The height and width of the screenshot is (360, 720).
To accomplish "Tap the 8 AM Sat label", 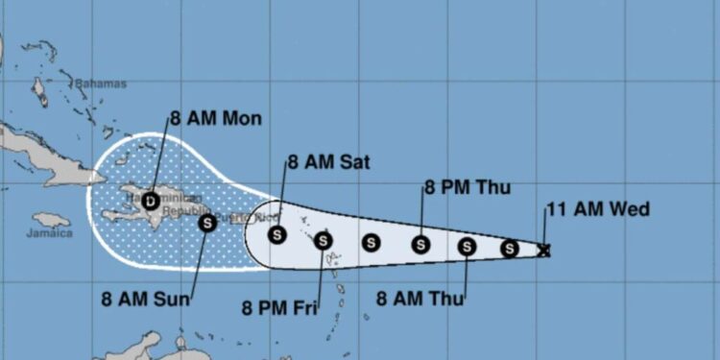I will pos(327,161).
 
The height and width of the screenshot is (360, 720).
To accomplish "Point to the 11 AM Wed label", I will pos(597,209).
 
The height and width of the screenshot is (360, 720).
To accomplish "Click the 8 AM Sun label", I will pos(147,299).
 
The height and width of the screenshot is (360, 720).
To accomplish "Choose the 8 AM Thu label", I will pos(420,299).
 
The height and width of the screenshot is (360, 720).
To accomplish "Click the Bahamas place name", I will pos(100,84).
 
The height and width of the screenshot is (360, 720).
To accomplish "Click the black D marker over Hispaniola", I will pos(150,202).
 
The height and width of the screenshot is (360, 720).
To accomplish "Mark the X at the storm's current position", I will pos(544,251).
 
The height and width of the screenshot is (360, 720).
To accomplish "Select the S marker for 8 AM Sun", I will pos(206,223).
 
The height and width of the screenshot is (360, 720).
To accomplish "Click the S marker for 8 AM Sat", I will pos(276,234).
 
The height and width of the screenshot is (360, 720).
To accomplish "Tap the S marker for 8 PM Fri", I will pos(324,240).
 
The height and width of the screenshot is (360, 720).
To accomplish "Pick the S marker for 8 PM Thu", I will pos(420,245).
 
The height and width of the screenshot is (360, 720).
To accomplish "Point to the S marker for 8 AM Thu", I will pos(467,247).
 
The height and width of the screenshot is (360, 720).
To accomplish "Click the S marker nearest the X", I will pos(510,250).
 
